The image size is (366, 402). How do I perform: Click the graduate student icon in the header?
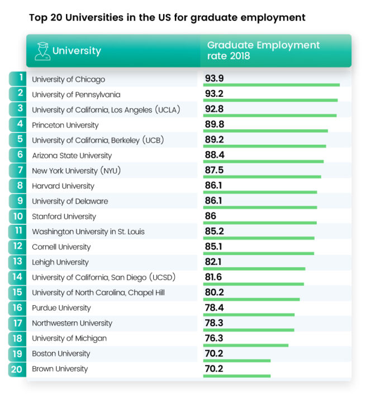41,51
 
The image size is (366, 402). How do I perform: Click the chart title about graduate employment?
167,17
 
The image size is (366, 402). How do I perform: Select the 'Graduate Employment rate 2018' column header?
263,50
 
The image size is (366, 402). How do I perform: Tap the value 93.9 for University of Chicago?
214,78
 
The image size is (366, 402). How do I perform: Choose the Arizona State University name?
72,155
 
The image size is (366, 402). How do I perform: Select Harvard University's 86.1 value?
213,185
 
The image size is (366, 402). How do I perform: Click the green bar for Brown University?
237,375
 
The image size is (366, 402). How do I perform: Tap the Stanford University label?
64,216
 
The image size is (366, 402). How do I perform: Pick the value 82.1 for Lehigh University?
213,261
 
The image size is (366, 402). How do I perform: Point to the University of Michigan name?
69,338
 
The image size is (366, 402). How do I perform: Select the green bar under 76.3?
246,345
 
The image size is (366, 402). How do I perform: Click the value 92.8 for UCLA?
214,108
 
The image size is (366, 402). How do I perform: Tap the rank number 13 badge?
18,261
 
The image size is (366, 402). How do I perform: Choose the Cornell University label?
61,247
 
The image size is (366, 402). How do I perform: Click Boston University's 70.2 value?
213,353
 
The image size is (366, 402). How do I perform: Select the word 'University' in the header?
77,51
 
